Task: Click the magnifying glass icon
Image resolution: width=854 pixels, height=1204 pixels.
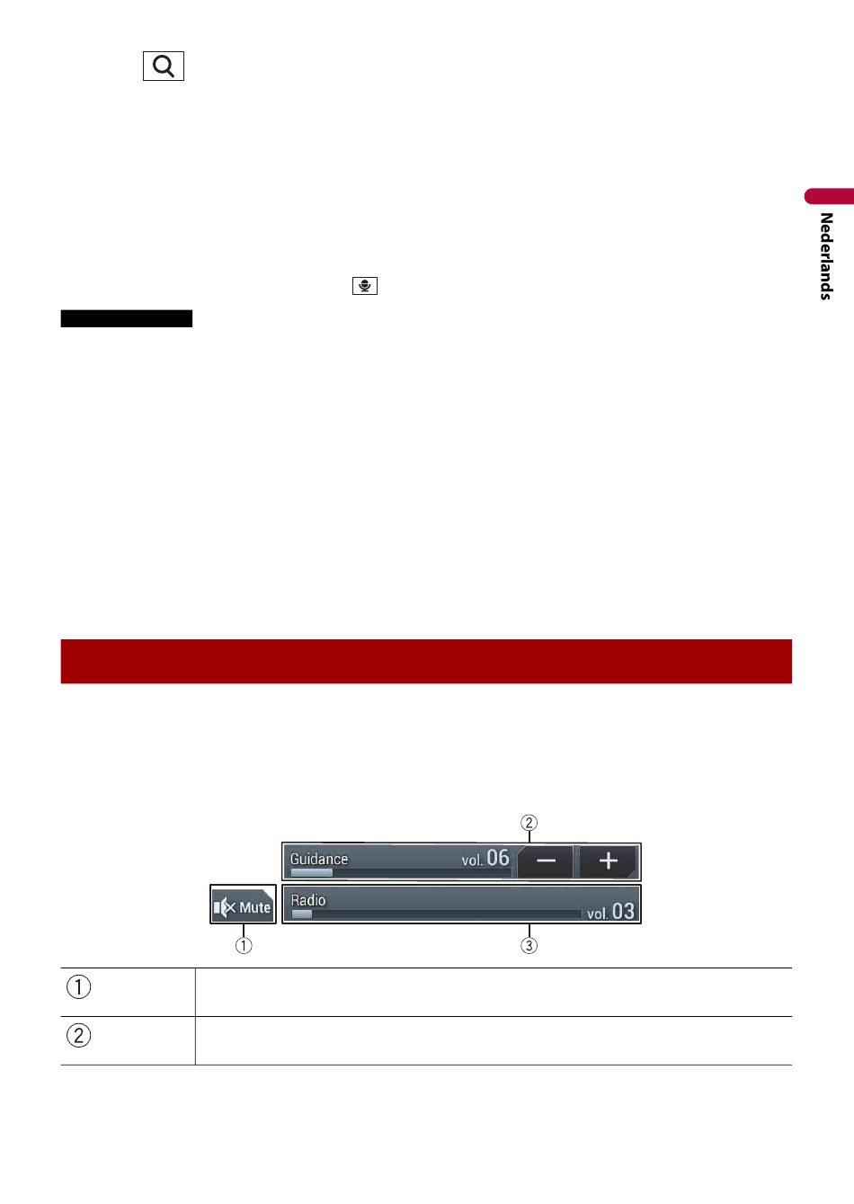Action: click(x=164, y=67)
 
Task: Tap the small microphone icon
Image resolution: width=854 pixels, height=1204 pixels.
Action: click(x=365, y=286)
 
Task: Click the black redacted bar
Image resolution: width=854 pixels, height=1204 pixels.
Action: click(x=126, y=318)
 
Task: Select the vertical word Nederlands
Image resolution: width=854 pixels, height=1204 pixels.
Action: click(x=826, y=256)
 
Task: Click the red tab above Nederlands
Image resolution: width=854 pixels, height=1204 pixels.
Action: click(x=829, y=196)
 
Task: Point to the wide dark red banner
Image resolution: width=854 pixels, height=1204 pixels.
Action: click(x=426, y=661)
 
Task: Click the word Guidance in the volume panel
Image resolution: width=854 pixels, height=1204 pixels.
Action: click(x=319, y=859)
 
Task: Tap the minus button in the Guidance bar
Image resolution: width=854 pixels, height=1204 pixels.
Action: click(x=546, y=861)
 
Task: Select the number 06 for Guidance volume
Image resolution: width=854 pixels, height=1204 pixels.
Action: click(x=498, y=858)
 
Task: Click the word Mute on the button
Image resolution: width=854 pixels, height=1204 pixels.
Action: click(x=254, y=908)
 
